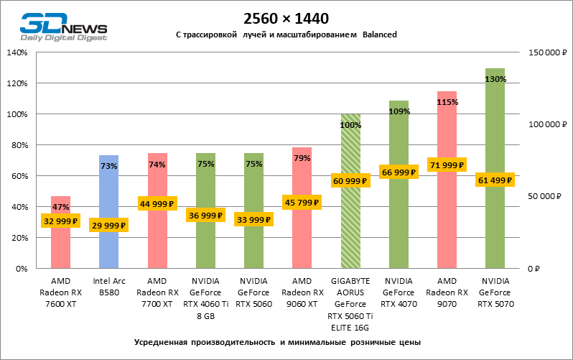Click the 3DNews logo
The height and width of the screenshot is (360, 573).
[x=63, y=26]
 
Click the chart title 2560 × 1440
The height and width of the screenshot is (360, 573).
[x=286, y=19]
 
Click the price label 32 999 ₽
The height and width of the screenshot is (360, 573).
[x=60, y=221]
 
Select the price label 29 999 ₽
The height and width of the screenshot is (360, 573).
[x=108, y=226]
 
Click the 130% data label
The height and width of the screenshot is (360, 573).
[x=495, y=79]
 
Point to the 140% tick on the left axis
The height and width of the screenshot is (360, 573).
[x=17, y=53]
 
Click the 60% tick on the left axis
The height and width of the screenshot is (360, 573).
[x=19, y=176]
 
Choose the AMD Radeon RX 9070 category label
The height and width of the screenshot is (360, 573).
[x=447, y=292]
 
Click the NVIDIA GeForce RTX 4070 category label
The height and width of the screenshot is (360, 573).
[x=399, y=292]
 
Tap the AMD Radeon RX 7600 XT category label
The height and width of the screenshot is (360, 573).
[x=60, y=292]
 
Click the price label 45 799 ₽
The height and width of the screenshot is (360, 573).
[x=302, y=202]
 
